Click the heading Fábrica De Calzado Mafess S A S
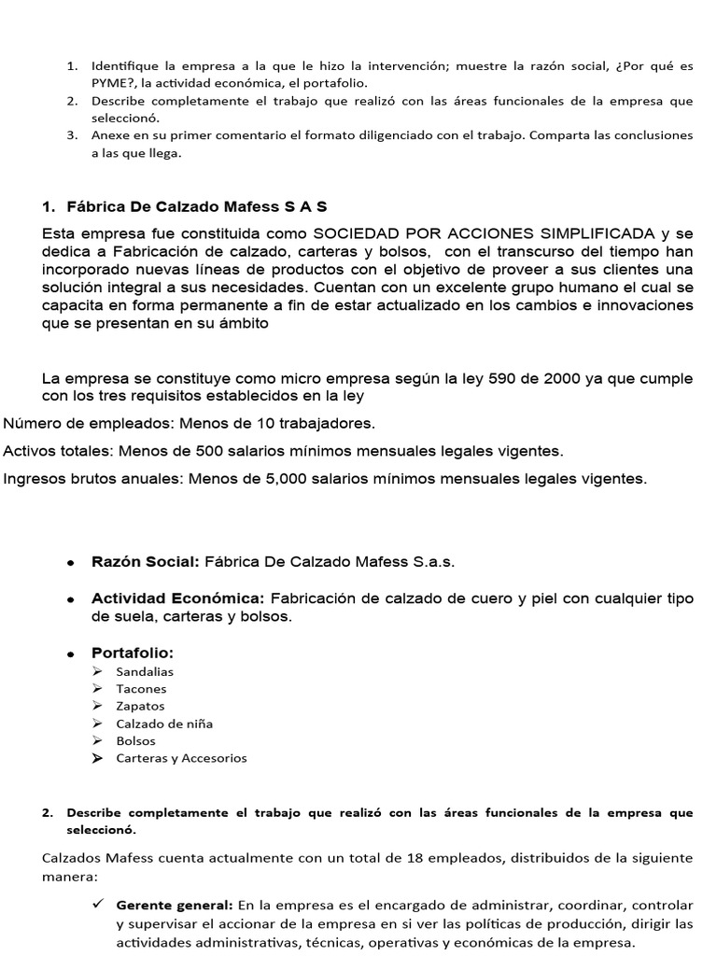tap(196, 205)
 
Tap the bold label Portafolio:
tap(133, 652)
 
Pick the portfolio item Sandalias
tap(145, 671)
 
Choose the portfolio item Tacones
tap(141, 689)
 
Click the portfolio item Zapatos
tap(140, 706)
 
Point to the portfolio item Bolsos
tap(136, 740)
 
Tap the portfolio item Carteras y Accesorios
tap(181, 758)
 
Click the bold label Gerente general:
tap(175, 906)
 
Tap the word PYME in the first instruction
tap(111, 83)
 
